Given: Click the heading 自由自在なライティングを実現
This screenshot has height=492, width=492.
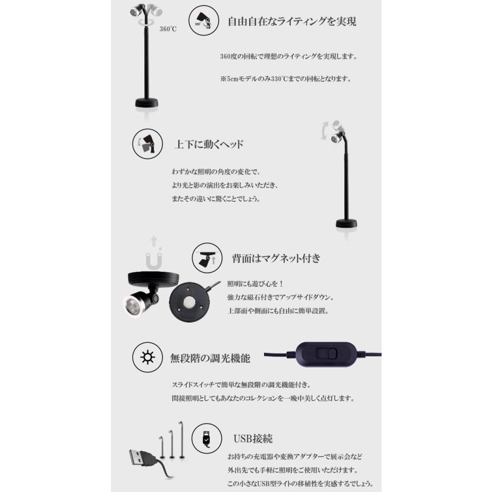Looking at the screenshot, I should point(292,22).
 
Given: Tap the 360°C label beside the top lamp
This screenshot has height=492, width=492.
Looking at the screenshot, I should point(168,30).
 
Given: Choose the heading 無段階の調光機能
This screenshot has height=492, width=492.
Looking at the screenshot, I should point(210,359).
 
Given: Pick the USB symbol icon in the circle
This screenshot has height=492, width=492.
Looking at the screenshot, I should point(207,438).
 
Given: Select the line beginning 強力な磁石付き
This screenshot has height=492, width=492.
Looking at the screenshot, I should point(280,297).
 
